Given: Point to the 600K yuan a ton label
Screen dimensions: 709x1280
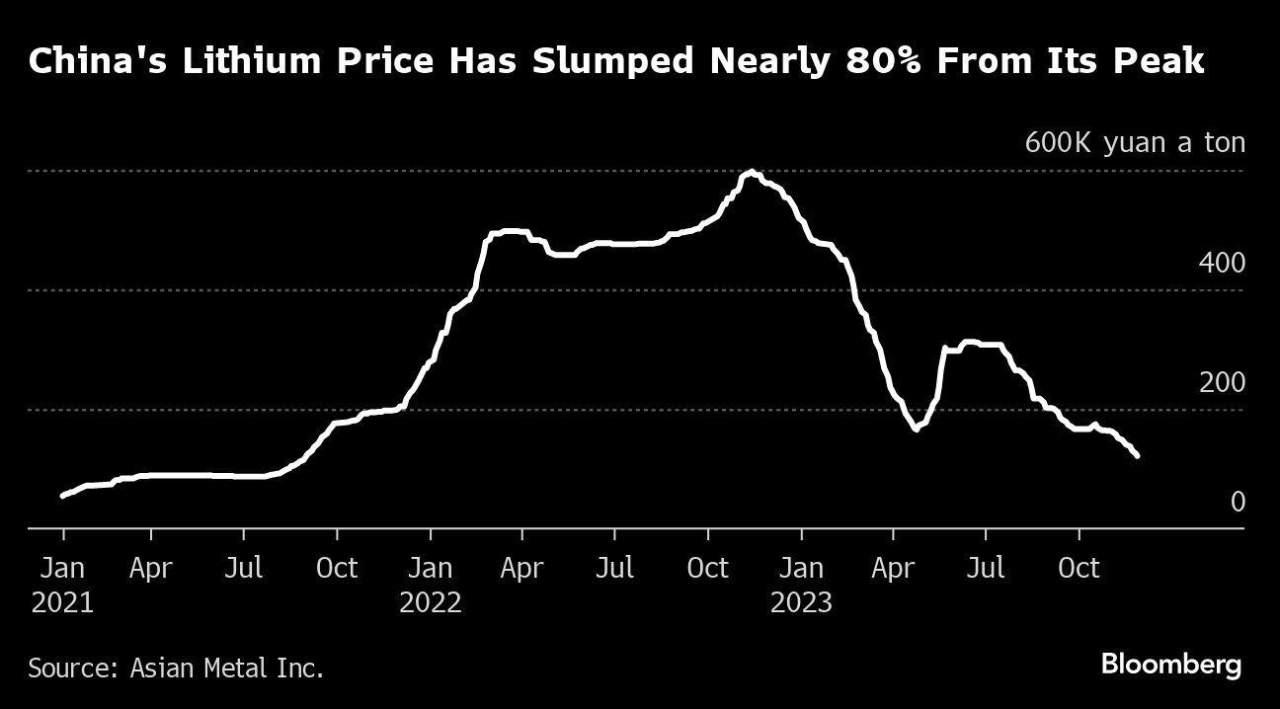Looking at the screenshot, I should tap(1135, 143).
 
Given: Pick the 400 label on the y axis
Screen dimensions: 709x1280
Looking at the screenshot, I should tap(1222, 264).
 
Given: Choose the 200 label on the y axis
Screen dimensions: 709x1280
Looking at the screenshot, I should tap(1222, 383).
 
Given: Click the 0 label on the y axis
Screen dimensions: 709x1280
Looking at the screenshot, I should tap(1238, 503).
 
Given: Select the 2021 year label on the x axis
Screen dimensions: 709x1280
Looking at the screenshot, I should tap(63, 602).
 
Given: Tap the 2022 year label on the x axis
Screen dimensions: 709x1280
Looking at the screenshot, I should tap(431, 602).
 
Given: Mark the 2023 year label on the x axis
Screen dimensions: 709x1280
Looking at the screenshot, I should tap(801, 602).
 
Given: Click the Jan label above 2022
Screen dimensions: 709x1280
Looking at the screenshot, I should tap(431, 569).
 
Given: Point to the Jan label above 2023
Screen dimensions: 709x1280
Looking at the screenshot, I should tap(801, 569).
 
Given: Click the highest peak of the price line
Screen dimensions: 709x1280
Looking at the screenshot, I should tap(752, 173).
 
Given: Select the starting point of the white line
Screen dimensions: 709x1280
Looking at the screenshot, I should tap(62, 496).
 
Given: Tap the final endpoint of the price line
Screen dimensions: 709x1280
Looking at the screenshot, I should tap(1138, 455).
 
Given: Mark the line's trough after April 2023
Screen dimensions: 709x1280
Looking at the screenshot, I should tap(916, 430).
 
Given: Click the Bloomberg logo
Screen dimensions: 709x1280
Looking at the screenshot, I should tap(1171, 665).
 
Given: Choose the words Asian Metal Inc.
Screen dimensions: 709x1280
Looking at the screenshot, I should tap(227, 669).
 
